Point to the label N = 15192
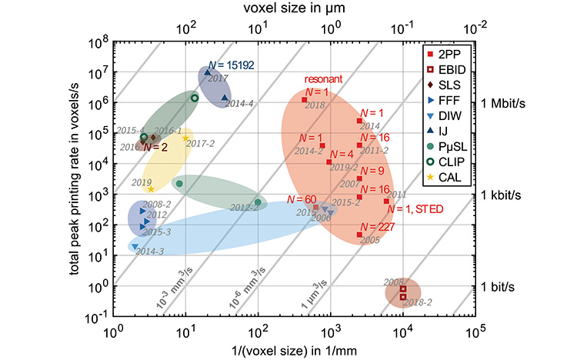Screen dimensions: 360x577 234,64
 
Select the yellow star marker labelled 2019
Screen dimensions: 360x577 152,188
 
